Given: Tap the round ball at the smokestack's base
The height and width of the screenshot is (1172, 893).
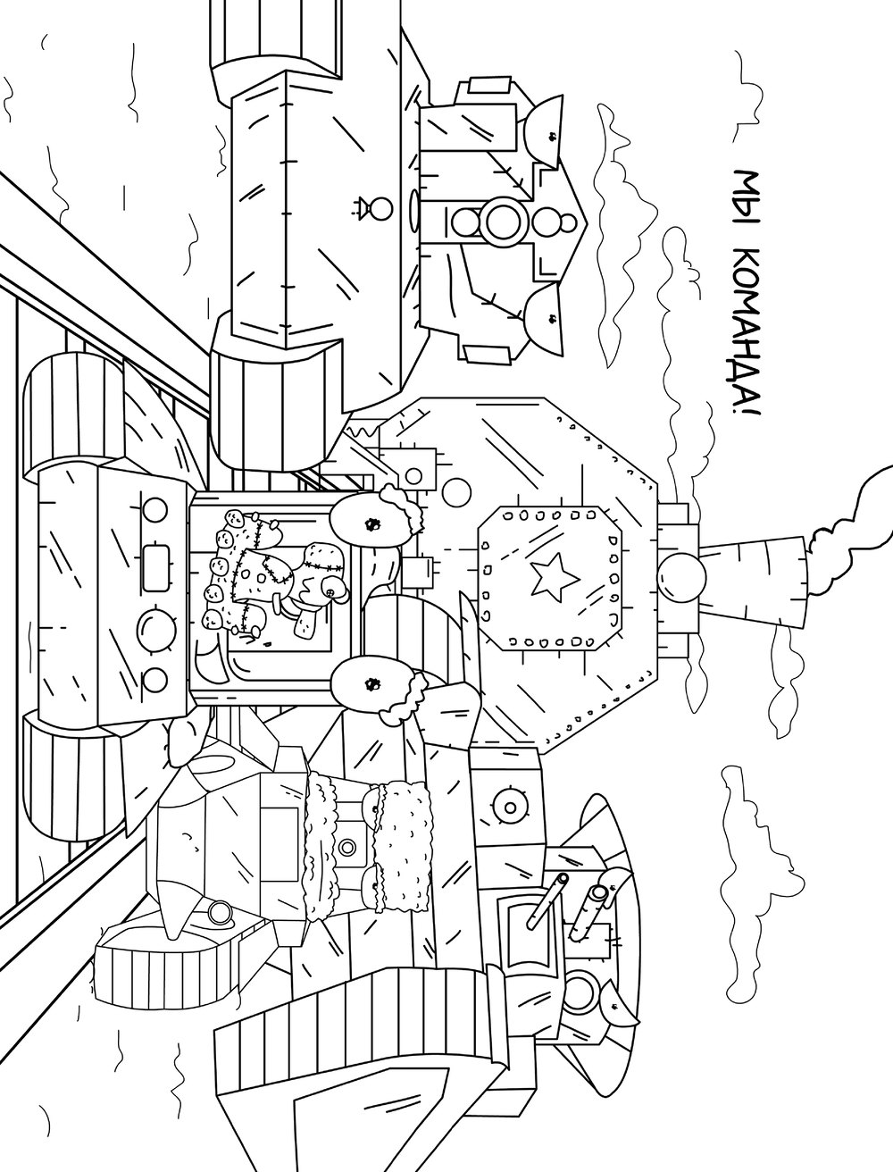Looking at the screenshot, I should [x=680, y=571].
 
